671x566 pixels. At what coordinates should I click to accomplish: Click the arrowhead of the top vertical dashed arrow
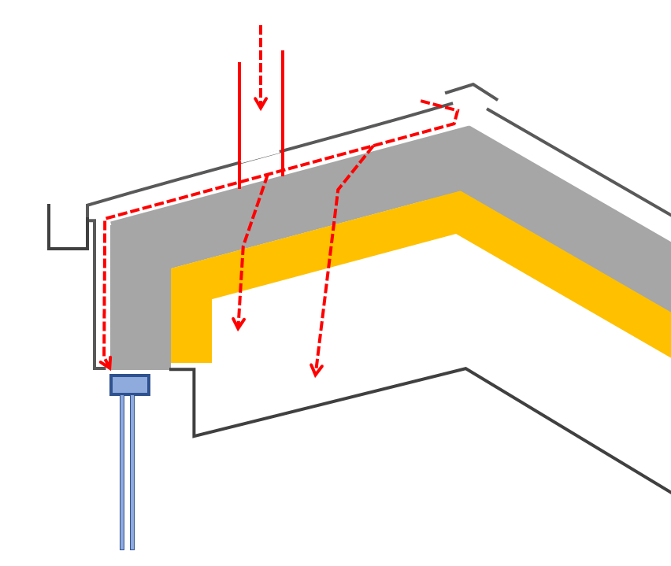coord(261,103)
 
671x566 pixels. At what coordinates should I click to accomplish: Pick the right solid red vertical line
coord(283,110)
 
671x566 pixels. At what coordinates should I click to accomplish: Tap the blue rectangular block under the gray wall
coord(130,385)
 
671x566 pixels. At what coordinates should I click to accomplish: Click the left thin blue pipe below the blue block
coord(122,472)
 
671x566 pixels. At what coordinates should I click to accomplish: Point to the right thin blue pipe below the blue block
coord(132,472)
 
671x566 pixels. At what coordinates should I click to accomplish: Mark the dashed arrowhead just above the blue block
coord(106,363)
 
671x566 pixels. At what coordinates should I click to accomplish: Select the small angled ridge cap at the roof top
coord(473,86)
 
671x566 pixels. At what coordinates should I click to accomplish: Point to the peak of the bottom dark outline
coord(465,369)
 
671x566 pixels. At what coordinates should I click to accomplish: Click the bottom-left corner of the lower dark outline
coord(195,435)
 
